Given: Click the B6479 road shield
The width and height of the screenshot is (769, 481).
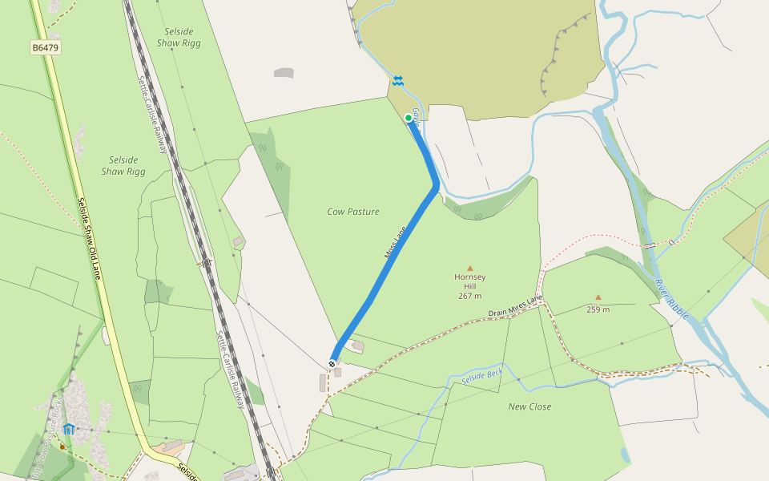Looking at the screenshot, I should pos(46,48).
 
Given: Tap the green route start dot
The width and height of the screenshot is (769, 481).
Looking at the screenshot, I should pos(409,118).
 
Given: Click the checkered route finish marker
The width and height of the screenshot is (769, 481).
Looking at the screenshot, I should pos(332,364).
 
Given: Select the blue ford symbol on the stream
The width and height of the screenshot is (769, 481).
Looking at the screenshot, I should pos(398,80).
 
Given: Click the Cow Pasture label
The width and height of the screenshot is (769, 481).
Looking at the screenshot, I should pos(353,212).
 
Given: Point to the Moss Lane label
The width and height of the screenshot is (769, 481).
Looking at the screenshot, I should pos(396,241).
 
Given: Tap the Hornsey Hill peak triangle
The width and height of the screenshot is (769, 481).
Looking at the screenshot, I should pos(470,268).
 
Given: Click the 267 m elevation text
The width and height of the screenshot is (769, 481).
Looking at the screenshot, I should pos(470,296).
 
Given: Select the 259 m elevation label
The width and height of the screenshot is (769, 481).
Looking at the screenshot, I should pos(598,309).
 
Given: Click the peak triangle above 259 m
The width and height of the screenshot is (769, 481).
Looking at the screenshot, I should pos(598,297).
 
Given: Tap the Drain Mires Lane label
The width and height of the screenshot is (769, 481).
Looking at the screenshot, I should pos(516,306).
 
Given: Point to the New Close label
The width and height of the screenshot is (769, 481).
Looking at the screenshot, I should pos(529,406).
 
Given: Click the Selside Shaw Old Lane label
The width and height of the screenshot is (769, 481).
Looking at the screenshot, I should pos(89,240).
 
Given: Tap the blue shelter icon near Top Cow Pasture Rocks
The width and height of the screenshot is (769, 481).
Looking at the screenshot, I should pos(69,429).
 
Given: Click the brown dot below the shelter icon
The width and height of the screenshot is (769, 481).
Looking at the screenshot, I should pos(62,446).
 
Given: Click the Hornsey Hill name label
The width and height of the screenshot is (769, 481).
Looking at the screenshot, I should pos(470,281).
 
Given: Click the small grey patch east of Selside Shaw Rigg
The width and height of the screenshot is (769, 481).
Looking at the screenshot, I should pos(284,73).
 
